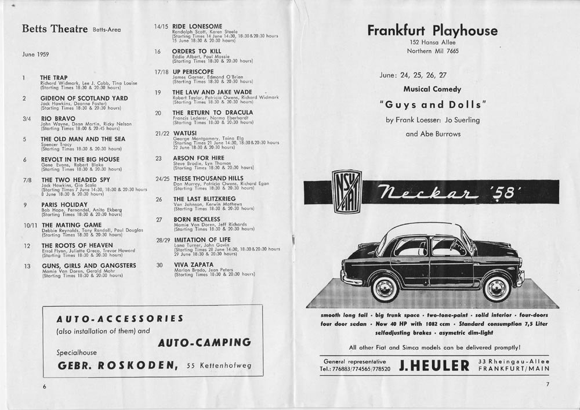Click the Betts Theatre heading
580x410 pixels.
(55, 29)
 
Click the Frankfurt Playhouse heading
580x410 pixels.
(432, 31)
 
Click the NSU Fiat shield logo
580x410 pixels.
(346, 190)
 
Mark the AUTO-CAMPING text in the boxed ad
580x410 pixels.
(204, 342)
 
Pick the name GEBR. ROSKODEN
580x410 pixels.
(117, 365)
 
